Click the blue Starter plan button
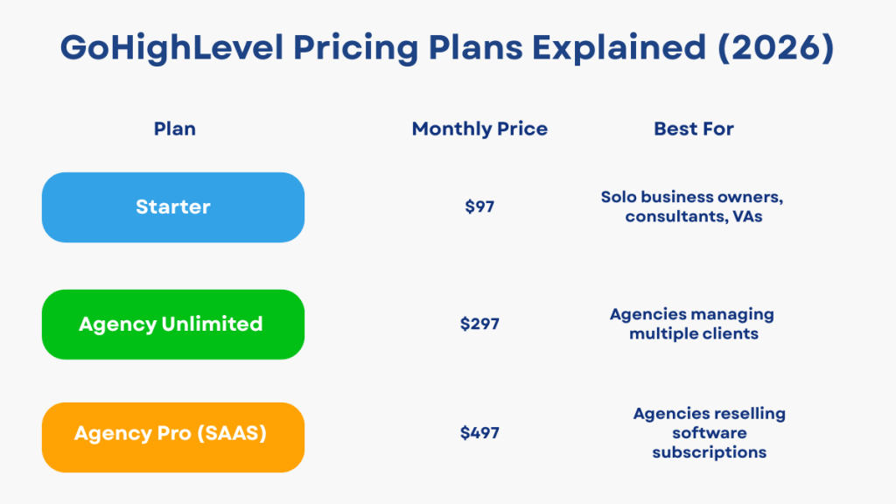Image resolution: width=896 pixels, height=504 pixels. coord(173,207)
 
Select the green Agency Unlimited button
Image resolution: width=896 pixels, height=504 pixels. coord(173,325)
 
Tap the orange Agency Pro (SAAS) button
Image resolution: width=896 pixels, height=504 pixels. coord(173,434)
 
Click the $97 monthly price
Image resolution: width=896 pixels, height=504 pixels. coord(479,208)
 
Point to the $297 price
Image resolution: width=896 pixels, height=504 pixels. coord(479,324)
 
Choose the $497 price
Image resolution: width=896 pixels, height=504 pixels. coord(479,433)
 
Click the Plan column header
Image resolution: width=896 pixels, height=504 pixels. coord(174,129)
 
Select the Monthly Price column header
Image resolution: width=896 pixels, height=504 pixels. coord(479,129)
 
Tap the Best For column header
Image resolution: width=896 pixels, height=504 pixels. coord(693,129)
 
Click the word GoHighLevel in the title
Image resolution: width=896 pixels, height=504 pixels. coord(171,48)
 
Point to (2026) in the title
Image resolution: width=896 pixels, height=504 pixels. coord(776,48)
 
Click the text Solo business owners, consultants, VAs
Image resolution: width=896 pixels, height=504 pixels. coord(693,206)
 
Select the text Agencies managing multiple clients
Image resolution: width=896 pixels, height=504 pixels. coord(693,324)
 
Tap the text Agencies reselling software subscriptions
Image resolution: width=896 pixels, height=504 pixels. coord(710,433)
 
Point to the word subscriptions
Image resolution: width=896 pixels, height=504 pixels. coord(710,452)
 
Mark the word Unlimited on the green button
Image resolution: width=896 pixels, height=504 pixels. coord(212,325)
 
